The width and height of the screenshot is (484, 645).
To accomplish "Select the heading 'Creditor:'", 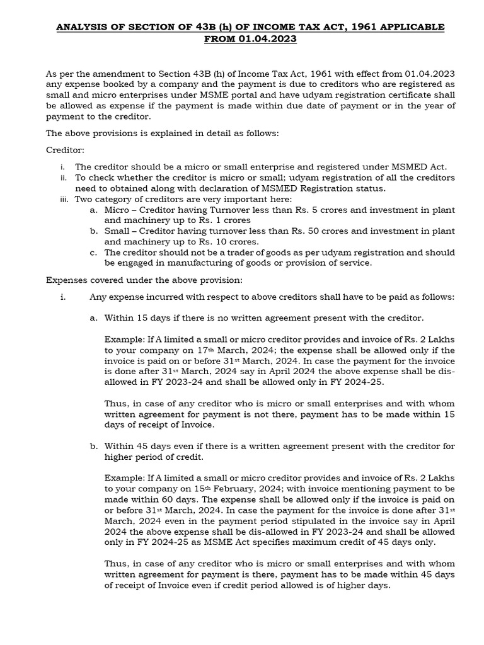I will pyautogui.click(x=66, y=150).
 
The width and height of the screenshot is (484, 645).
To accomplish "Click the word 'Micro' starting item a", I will pyautogui.click(x=117, y=210).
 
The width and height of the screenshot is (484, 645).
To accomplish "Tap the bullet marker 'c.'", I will pyautogui.click(x=93, y=253).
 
